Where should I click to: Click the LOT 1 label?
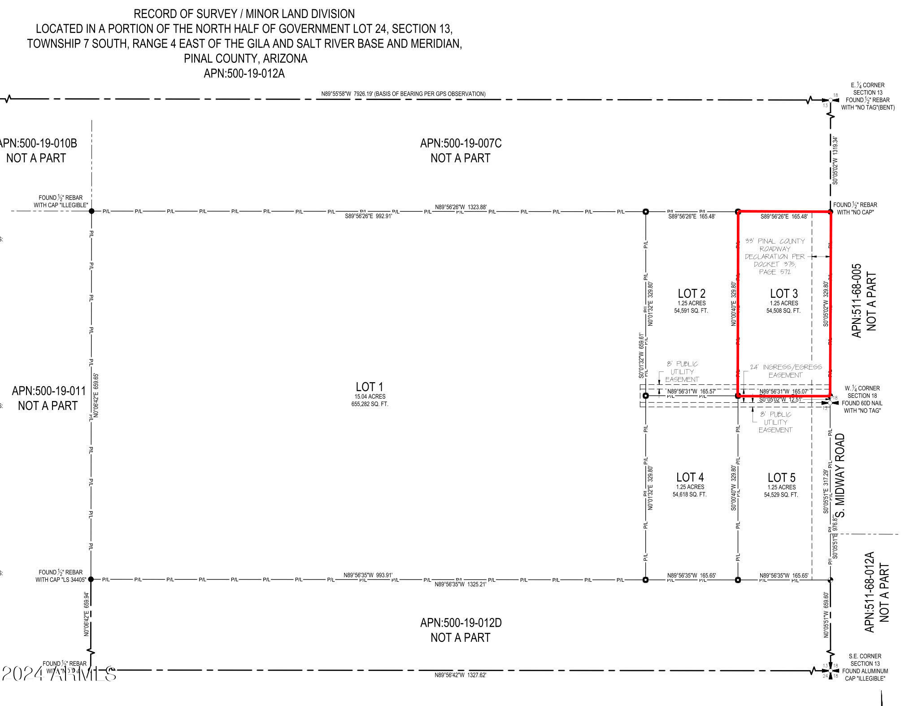click(369, 387)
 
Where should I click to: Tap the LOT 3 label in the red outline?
click(783, 293)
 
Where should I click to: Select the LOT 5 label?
click(781, 478)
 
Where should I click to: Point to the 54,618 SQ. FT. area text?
click(689, 494)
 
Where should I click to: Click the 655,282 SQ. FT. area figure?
click(370, 404)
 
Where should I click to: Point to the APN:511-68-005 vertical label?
click(857, 301)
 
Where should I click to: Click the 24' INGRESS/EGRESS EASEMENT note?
click(785, 371)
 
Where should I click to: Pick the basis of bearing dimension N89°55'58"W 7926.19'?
click(403, 94)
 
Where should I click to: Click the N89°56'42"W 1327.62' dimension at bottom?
click(460, 675)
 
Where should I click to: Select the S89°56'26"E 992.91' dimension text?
click(368, 216)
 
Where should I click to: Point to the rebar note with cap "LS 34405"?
click(61, 575)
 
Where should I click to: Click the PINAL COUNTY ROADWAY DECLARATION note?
click(774, 256)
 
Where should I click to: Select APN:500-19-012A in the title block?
click(244, 73)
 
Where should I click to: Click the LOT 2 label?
click(691, 293)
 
